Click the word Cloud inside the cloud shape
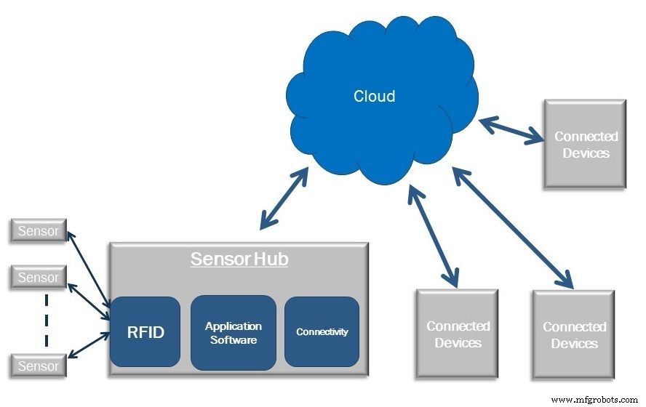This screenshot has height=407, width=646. [374, 96]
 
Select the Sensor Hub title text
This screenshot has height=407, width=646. [239, 259]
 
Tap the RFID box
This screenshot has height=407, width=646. [145, 332]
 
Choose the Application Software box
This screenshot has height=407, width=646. [234, 332]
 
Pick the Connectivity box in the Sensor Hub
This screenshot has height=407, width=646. [322, 331]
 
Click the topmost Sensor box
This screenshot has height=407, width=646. [38, 231]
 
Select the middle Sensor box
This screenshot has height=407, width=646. [38, 278]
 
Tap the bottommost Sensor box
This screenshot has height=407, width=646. [38, 366]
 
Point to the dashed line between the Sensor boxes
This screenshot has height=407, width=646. [45, 320]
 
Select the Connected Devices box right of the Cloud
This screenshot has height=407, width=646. [585, 145]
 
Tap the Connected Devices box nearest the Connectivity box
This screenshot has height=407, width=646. [457, 334]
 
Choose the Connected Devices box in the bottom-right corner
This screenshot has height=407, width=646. [573, 334]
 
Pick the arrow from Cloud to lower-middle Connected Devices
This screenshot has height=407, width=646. [434, 234]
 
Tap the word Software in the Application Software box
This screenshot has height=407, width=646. [234, 339]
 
